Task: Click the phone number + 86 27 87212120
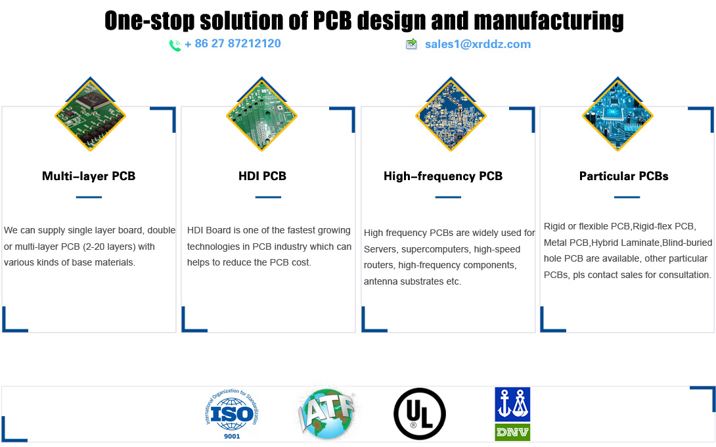click(233, 44)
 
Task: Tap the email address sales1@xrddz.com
click(478, 44)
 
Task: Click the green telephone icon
click(175, 45)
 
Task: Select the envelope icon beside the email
click(411, 44)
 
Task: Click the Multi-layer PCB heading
click(89, 176)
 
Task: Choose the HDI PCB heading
click(262, 176)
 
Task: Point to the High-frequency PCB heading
click(443, 176)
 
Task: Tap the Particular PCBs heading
click(624, 176)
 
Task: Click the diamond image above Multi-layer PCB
click(91, 114)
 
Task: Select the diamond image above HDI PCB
click(261, 114)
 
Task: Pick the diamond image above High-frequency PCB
click(451, 114)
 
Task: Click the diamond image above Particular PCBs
click(618, 114)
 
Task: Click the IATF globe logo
click(327, 413)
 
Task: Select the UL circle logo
click(420, 414)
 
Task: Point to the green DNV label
click(512, 433)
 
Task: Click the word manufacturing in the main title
click(549, 21)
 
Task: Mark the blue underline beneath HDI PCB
click(268, 197)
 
